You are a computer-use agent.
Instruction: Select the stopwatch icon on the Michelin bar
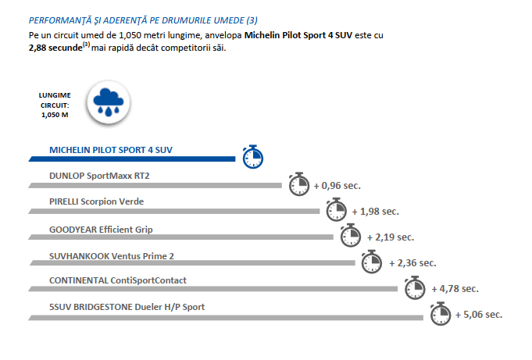tap(252, 156)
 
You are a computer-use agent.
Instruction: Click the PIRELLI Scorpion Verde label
tap(96, 201)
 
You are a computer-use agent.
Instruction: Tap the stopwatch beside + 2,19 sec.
tap(350, 235)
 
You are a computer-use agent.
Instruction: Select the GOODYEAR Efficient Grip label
tap(101, 229)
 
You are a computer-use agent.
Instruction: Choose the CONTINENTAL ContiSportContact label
tap(117, 280)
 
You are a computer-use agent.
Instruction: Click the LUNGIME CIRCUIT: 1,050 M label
tap(55, 104)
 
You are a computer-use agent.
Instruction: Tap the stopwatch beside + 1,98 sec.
tap(336, 209)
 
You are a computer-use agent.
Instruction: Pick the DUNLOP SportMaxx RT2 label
tap(98, 175)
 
